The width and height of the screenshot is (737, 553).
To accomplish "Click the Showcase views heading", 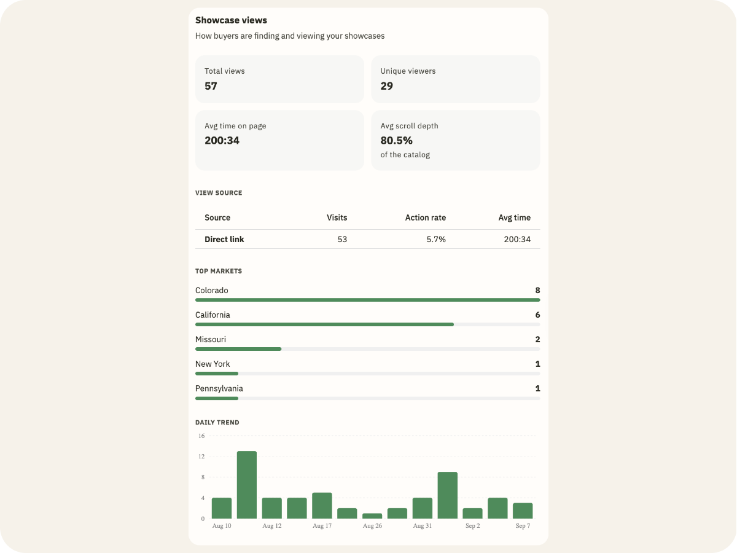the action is click(x=231, y=20).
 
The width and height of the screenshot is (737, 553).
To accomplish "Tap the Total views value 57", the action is click(x=211, y=86).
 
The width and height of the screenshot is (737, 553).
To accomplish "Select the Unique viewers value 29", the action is click(x=386, y=86).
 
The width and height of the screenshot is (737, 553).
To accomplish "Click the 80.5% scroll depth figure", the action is click(x=396, y=140).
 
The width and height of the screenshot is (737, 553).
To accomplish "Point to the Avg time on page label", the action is click(x=235, y=126).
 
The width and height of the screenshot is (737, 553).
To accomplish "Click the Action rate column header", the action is click(x=426, y=218).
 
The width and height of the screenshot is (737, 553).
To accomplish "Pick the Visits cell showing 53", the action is click(x=342, y=240).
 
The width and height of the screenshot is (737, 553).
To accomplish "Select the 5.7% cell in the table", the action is click(x=436, y=240).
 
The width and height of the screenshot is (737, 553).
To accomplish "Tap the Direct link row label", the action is click(x=224, y=240).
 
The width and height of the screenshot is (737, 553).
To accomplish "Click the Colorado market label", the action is click(x=211, y=291).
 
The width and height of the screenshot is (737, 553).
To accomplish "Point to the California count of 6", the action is click(x=537, y=315).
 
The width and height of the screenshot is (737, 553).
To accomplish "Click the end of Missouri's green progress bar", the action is click(x=281, y=349).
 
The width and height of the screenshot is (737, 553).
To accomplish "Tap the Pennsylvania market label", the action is click(x=219, y=388).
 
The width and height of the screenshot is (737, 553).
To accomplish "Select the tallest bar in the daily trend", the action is click(x=247, y=485).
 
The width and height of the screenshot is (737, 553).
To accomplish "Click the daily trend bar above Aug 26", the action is click(x=372, y=516).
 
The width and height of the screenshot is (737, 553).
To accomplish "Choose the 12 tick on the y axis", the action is click(x=201, y=457).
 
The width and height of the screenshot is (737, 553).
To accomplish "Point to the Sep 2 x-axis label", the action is click(x=472, y=526).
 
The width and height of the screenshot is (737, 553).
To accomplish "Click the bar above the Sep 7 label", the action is click(x=523, y=511).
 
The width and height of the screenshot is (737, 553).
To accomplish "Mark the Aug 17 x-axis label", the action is click(x=322, y=526).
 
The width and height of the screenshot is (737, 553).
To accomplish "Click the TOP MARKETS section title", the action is click(x=219, y=272).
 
